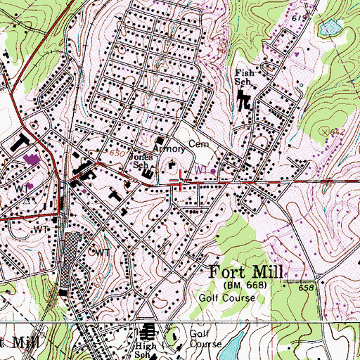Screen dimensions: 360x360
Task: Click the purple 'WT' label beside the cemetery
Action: coord(203,170)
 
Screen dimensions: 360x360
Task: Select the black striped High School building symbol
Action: coord(148,333)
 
